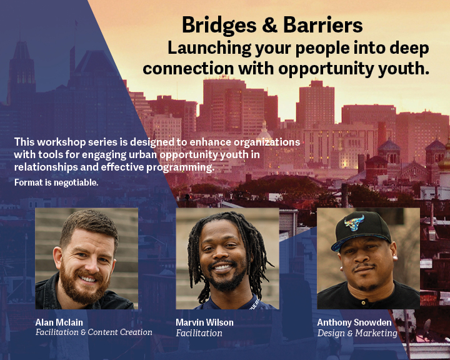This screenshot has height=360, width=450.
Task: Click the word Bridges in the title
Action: click(219, 25)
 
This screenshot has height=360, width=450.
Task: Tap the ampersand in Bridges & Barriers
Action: click(270, 25)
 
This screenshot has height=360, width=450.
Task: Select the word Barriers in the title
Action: click(323, 25)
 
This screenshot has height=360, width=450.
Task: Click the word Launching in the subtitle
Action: click(209, 49)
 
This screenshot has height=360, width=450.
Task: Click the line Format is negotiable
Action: click(56, 182)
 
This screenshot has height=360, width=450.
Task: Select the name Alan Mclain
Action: click(59, 322)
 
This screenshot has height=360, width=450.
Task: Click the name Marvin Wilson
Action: click(204, 322)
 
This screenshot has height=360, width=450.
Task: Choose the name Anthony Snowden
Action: click(354, 322)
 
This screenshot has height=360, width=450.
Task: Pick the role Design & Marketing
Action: click(357, 333)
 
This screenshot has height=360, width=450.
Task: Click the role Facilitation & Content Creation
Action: click(94, 332)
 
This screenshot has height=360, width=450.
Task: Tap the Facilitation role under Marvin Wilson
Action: click(199, 333)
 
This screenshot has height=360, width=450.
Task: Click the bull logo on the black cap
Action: click(354, 222)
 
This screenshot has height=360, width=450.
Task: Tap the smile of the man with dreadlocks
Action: click(222, 267)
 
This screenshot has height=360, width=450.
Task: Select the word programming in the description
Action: click(180, 167)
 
